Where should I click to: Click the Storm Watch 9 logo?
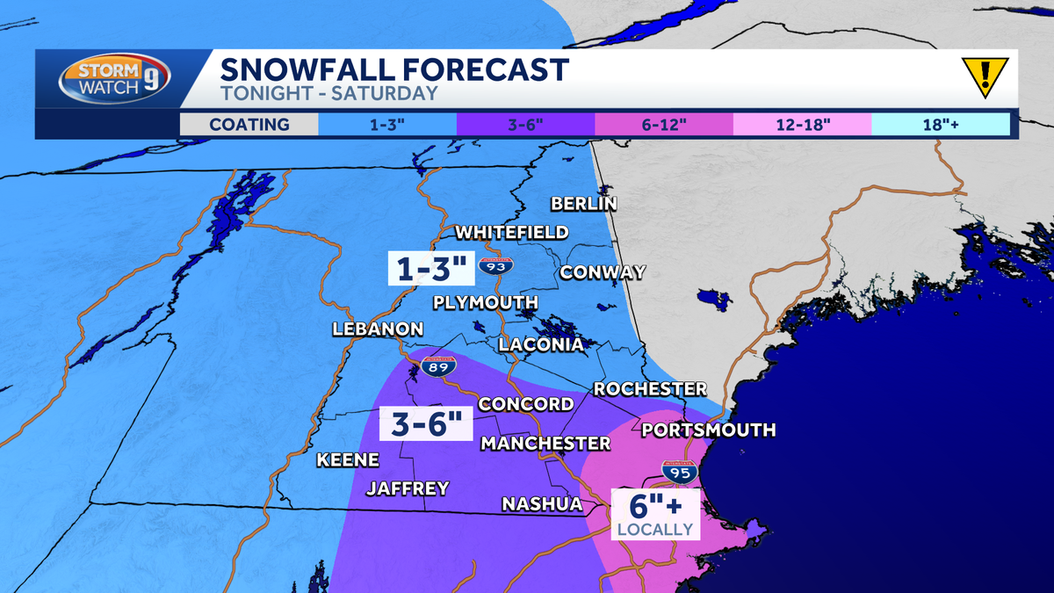[x=114, y=80]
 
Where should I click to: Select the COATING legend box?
[x=249, y=124]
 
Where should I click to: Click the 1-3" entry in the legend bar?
[x=387, y=124]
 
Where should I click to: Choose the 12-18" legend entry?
[x=802, y=124]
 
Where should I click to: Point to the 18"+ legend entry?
[x=940, y=124]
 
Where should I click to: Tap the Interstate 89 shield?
[x=437, y=367]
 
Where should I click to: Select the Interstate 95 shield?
[x=680, y=472]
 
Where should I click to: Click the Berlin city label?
[x=584, y=204]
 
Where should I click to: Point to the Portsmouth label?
[x=708, y=430]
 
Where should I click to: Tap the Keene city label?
[x=348, y=459]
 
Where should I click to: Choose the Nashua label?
[x=542, y=503]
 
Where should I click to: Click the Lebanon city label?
[x=378, y=329]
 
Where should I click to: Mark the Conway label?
[x=603, y=271]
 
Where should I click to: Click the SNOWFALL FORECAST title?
[x=394, y=69]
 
